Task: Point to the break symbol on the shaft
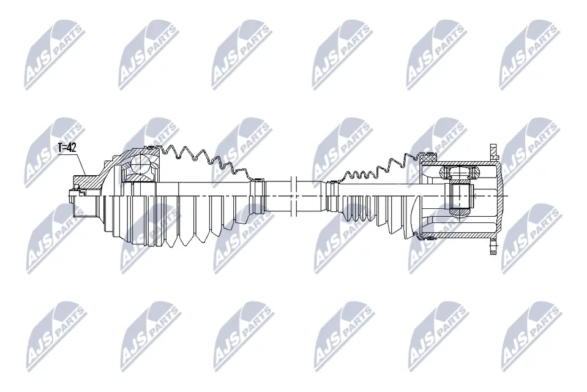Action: [293, 195]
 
